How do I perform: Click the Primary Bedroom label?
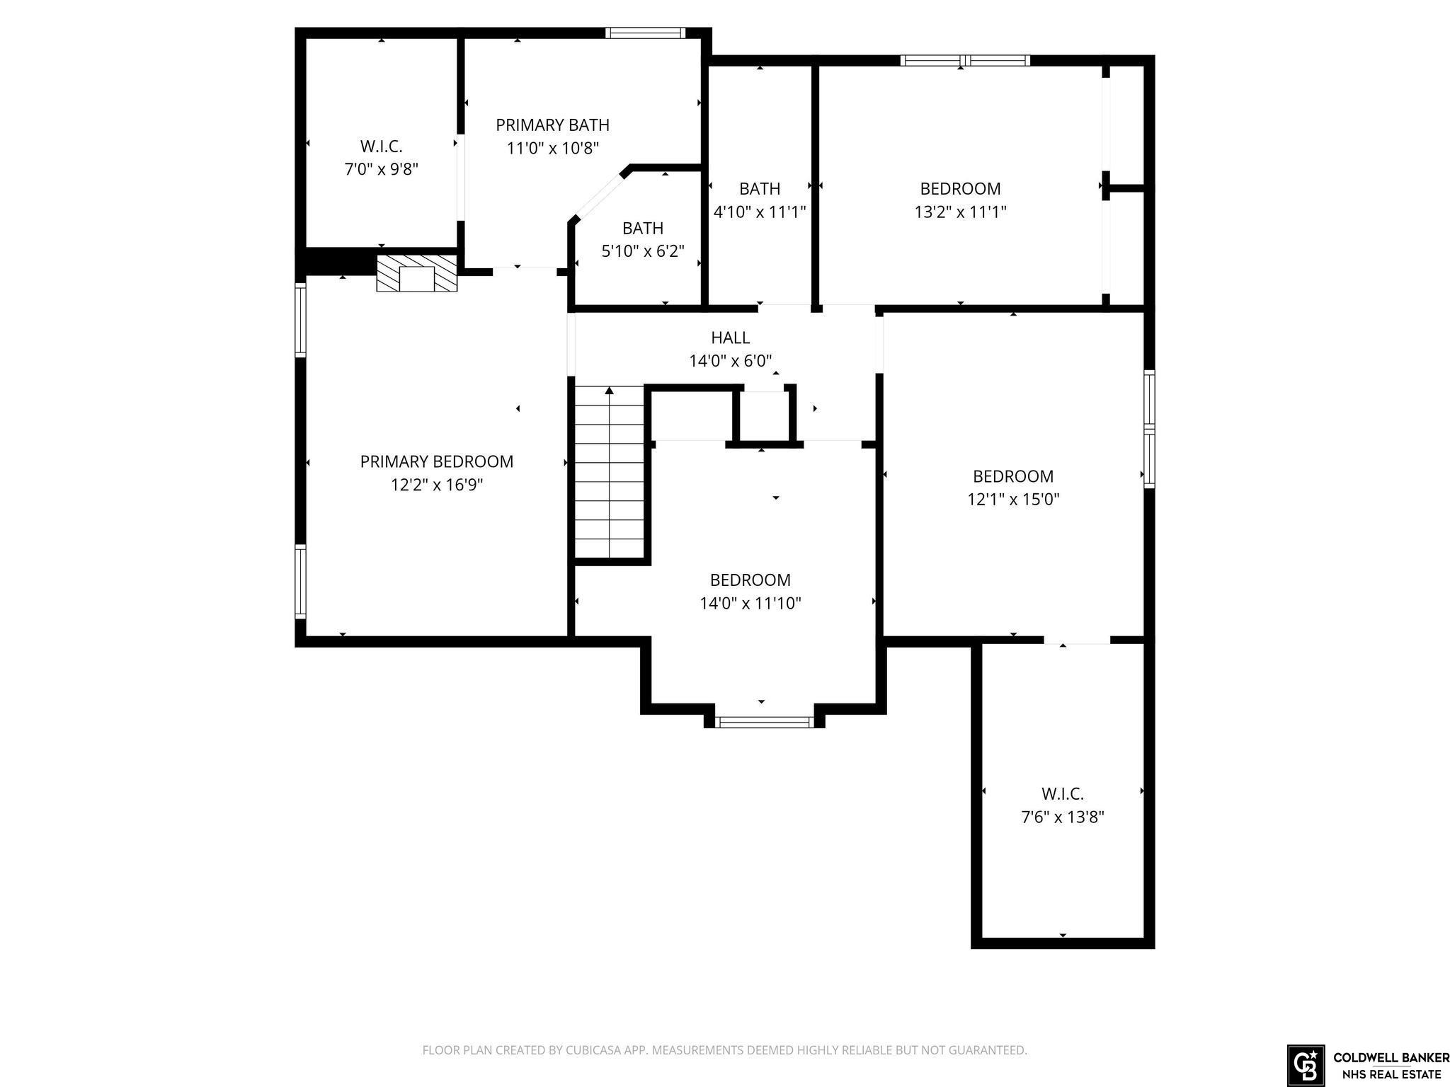437,461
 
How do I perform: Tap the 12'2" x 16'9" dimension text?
437,485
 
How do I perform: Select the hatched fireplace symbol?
417,273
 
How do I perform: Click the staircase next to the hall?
609,472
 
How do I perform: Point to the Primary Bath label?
552,125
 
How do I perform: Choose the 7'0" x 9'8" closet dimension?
382,170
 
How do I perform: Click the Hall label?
731,338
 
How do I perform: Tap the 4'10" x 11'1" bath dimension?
760,212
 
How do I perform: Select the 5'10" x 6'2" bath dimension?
643,251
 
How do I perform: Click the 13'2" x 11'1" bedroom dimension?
961,212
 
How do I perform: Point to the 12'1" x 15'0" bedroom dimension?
1013,499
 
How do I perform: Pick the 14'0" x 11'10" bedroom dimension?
750,603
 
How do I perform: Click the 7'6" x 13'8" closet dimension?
1063,817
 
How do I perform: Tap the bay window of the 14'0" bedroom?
764,722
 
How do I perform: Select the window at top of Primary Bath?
646,33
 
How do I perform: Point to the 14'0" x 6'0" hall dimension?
731,361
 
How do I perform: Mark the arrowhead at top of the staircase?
610,391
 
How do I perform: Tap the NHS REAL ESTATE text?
1391,1075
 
